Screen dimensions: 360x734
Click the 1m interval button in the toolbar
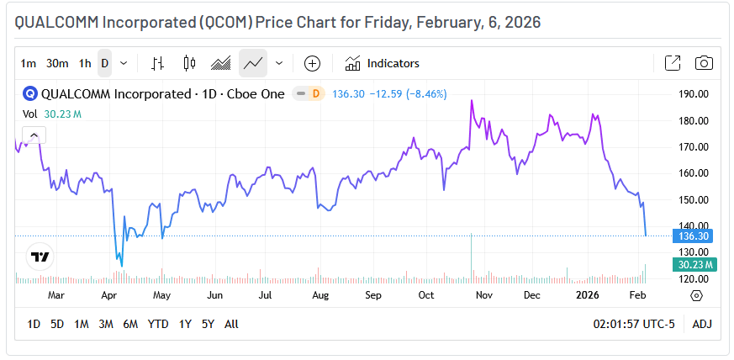(x=29, y=63)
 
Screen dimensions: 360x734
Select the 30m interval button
(x=57, y=63)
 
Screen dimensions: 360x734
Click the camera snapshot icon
(x=704, y=63)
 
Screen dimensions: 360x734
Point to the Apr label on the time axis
(x=108, y=296)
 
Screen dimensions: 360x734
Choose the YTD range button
(x=158, y=324)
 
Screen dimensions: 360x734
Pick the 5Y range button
(x=208, y=324)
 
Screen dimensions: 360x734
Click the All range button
(x=231, y=324)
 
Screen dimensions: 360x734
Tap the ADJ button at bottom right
(x=701, y=324)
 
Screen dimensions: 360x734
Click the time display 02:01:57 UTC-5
(x=634, y=324)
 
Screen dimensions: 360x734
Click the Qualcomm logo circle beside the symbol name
(x=30, y=94)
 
